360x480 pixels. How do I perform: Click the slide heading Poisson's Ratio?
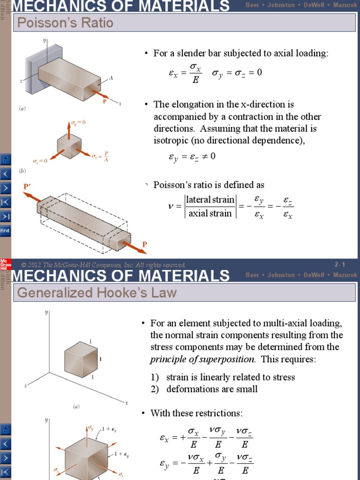click(x=65, y=22)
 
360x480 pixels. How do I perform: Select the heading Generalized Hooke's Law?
click(x=97, y=293)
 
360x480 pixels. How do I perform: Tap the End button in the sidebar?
click(x=5, y=231)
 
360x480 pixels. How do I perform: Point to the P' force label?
click(x=27, y=187)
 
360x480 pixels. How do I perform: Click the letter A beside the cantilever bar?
click(x=111, y=79)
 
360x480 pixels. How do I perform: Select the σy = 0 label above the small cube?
click(x=78, y=122)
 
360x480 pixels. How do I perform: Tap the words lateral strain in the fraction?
click(x=210, y=200)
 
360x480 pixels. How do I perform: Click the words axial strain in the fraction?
click(x=210, y=214)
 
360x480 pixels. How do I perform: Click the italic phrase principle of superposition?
click(x=202, y=360)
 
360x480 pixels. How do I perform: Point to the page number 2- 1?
click(x=340, y=265)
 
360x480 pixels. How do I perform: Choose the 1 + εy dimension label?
click(x=122, y=454)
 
